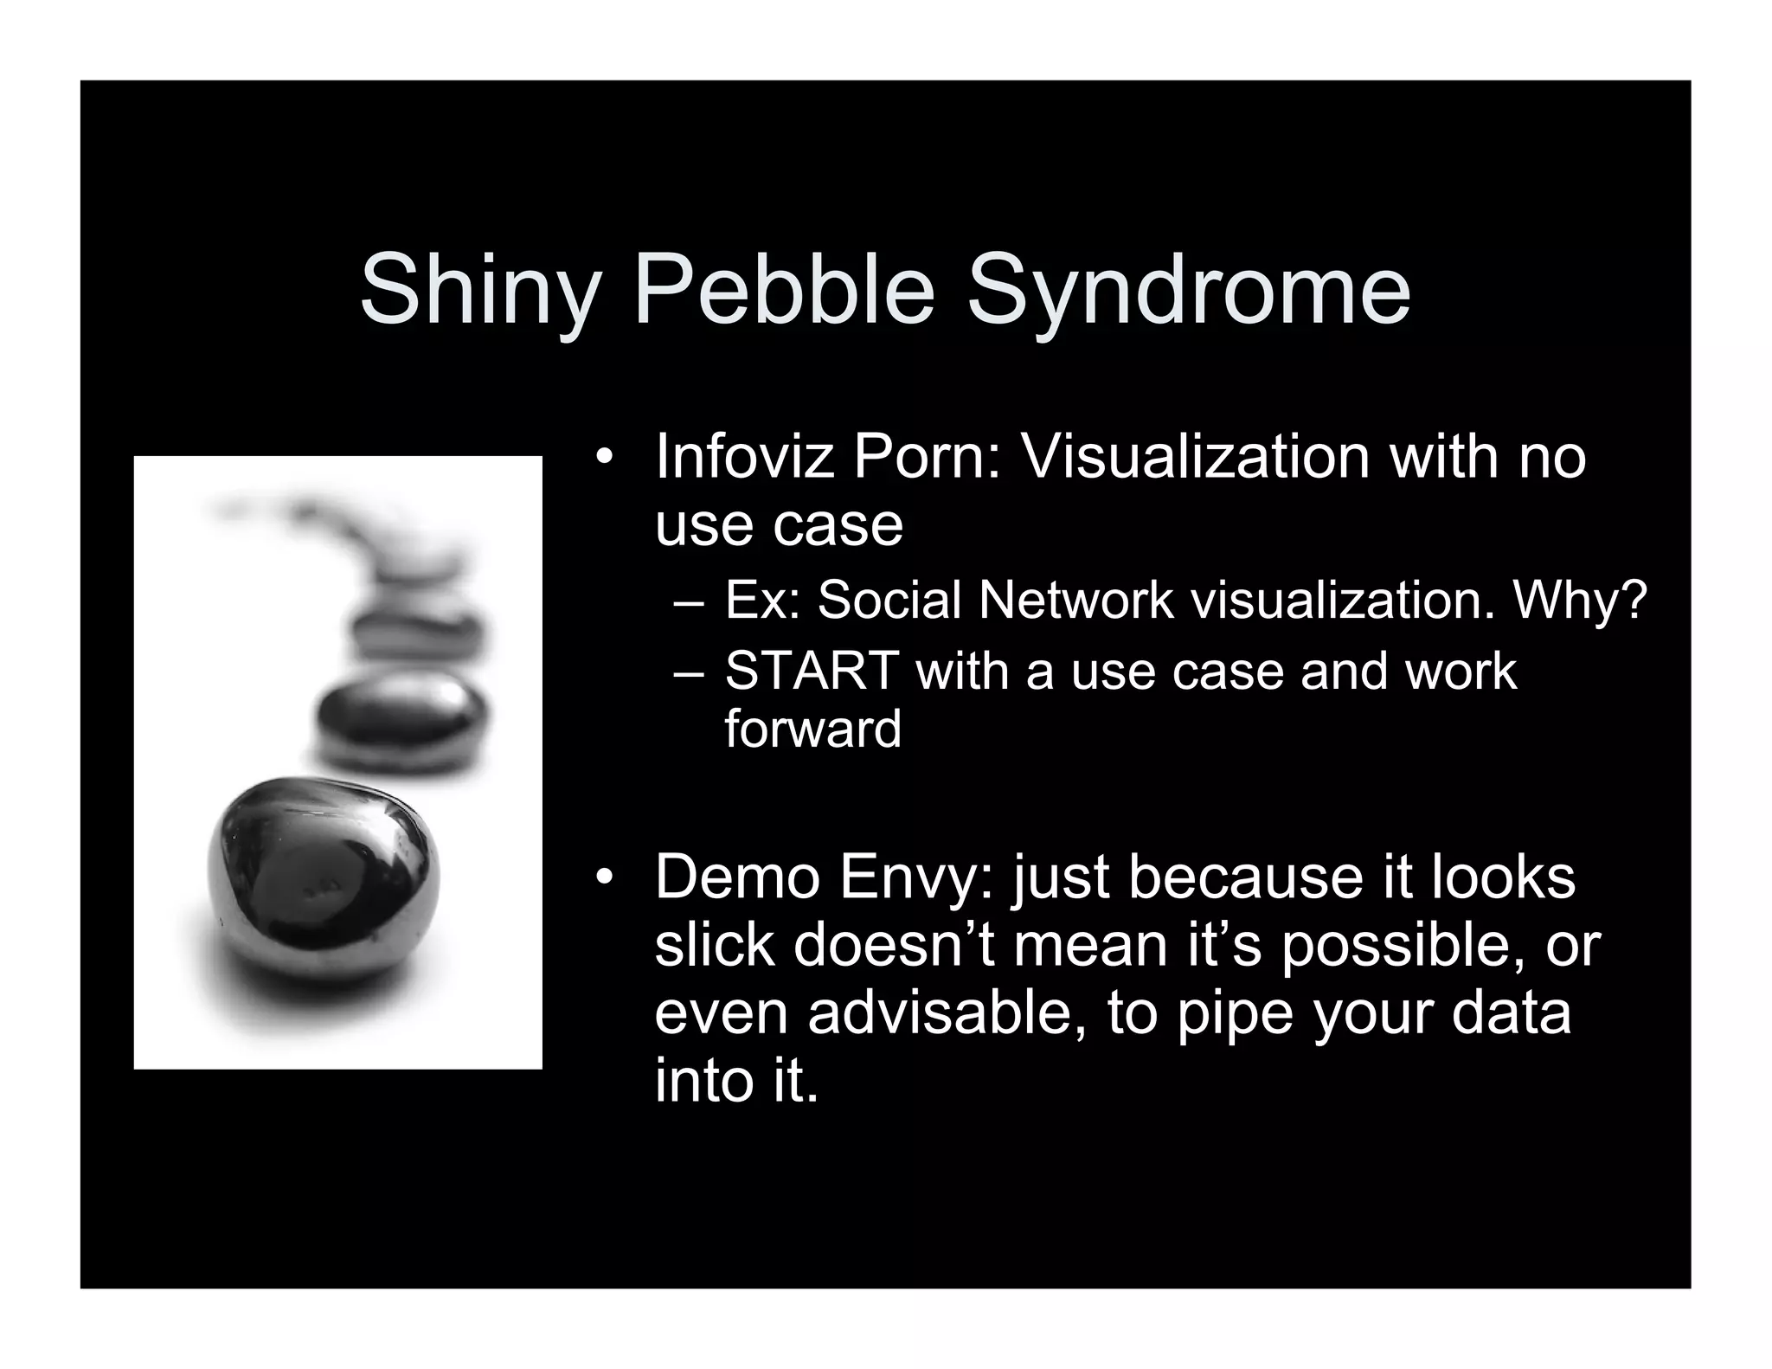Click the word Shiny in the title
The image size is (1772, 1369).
[x=478, y=290]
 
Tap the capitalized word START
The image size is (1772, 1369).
[x=810, y=671]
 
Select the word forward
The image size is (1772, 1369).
[x=812, y=729]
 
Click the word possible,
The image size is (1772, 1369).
[x=1403, y=947]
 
